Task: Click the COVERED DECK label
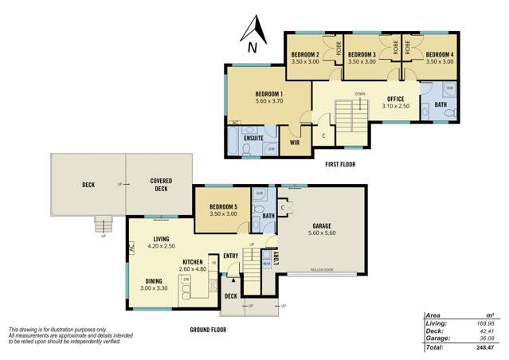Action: pos(159,185)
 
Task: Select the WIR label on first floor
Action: pos(295,143)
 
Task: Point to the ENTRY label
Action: pos(231,256)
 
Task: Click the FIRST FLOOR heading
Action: pos(340,164)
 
